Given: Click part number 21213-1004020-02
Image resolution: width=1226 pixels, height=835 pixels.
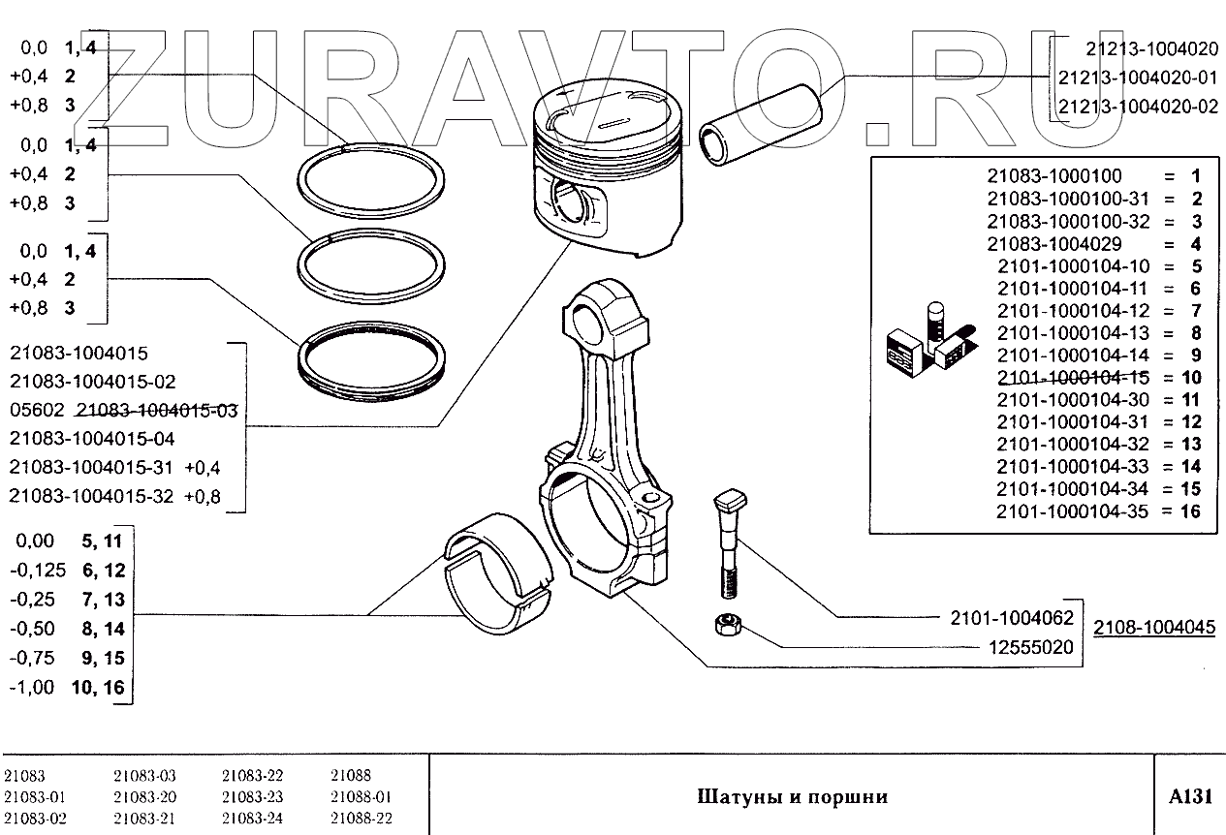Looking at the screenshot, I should pyautogui.click(x=1138, y=107).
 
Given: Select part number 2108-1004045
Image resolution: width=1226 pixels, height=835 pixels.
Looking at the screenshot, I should pyautogui.click(x=1154, y=627).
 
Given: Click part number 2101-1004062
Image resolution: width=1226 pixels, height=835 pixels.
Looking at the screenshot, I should pyautogui.click(x=1007, y=617).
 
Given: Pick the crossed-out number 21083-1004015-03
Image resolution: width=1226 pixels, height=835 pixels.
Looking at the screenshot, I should pyautogui.click(x=156, y=411).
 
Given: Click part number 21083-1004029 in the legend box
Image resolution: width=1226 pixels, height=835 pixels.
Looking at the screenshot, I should pyautogui.click(x=1054, y=244).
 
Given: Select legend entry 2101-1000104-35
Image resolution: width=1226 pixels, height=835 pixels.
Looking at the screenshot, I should pyautogui.click(x=1072, y=511).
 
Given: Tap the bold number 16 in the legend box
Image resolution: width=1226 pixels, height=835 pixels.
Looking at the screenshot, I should pyautogui.click(x=1191, y=511).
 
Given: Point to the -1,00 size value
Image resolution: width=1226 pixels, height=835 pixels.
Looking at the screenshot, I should pyautogui.click(x=32, y=689).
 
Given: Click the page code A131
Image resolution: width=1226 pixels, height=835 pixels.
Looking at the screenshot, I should pyautogui.click(x=1190, y=796).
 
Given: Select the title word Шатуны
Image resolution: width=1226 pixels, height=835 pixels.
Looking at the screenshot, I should pyautogui.click(x=734, y=797).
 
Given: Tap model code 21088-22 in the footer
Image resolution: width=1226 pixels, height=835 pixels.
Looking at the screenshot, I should pyautogui.click(x=361, y=819).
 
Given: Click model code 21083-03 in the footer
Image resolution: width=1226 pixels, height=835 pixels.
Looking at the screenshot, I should pyautogui.click(x=144, y=776).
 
